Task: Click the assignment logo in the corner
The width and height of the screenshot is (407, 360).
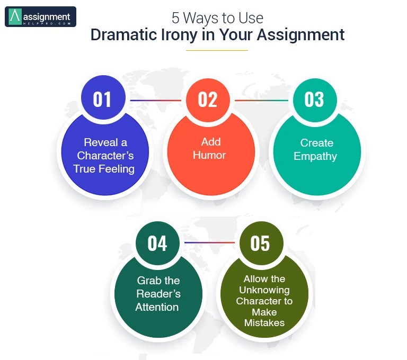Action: point(40,17)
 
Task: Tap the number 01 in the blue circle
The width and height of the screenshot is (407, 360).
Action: point(102,100)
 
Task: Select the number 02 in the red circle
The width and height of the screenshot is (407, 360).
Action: point(207,100)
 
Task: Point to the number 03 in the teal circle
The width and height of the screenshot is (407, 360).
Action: point(314,100)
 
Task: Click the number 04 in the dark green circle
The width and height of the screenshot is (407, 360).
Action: point(157,244)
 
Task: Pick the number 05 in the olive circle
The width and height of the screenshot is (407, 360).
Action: point(260,244)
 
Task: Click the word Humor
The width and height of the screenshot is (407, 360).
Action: point(209,155)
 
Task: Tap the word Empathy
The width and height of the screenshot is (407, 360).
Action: point(315,157)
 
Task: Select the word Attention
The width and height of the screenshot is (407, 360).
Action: point(157,307)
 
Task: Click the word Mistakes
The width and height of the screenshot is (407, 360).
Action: point(264,323)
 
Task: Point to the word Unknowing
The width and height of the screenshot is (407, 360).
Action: point(264,290)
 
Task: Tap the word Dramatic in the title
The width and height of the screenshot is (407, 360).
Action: point(123,35)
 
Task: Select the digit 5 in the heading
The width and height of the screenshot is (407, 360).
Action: point(175,18)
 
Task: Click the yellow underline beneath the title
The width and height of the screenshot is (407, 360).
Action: point(217,50)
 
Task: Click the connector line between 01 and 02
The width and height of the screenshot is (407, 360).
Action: point(156,100)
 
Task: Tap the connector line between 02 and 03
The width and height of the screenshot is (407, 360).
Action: point(262,100)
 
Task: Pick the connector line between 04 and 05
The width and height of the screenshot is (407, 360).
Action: point(209,243)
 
